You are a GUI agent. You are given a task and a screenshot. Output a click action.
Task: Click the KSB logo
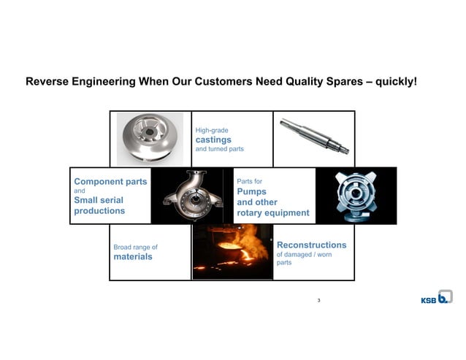(436, 297)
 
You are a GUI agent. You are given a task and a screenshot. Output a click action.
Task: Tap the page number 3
(319, 300)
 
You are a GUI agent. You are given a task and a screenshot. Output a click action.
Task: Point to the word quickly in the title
(395, 81)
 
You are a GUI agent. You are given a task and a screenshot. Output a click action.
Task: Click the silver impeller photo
(150, 139)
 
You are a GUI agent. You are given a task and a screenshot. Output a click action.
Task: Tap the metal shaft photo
(314, 137)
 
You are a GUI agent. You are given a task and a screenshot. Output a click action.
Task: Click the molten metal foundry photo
(232, 252)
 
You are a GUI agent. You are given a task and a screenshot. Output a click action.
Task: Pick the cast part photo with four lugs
(356, 196)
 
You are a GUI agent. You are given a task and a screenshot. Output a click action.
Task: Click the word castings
(213, 139)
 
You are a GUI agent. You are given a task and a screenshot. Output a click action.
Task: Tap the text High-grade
(212, 130)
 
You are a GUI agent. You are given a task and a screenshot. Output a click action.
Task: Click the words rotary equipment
(273, 213)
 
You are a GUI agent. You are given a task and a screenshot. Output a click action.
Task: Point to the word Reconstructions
(311, 245)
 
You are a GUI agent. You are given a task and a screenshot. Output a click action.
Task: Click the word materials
(133, 257)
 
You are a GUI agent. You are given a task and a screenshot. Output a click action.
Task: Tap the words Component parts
(110, 181)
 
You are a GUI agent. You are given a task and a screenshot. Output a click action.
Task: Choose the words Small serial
(99, 200)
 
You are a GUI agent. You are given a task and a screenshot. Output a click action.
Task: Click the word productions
(99, 211)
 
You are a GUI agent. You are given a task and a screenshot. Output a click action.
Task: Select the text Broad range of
(135, 247)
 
